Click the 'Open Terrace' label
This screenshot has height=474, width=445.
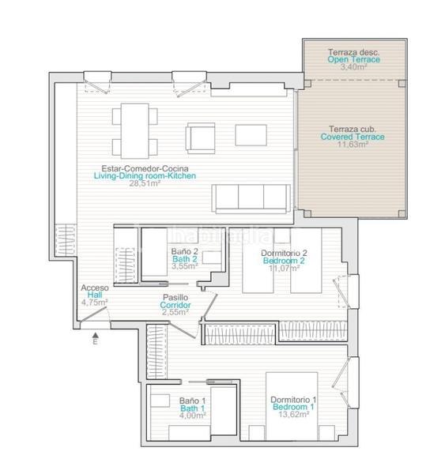353,59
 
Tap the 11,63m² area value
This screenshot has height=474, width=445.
353,145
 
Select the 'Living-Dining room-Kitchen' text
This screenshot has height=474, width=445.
145,175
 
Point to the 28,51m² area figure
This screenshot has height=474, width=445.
145,183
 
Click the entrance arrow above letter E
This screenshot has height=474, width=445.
96,335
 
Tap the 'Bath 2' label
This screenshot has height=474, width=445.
184,259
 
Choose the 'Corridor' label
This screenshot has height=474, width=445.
175,305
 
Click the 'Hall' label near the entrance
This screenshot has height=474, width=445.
95,295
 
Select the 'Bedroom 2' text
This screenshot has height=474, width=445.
284,261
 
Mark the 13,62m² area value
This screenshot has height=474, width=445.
294,415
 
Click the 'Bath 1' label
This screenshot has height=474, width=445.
192,408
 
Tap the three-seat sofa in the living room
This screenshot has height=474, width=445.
251,198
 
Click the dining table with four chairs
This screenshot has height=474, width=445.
135,131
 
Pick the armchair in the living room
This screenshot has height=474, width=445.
200,138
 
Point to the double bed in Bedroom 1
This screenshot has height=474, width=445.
292,406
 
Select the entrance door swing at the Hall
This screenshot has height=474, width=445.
94,314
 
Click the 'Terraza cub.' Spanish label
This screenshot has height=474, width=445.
353,130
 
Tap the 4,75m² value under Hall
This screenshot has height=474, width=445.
94,303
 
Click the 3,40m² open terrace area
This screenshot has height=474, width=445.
354,67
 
